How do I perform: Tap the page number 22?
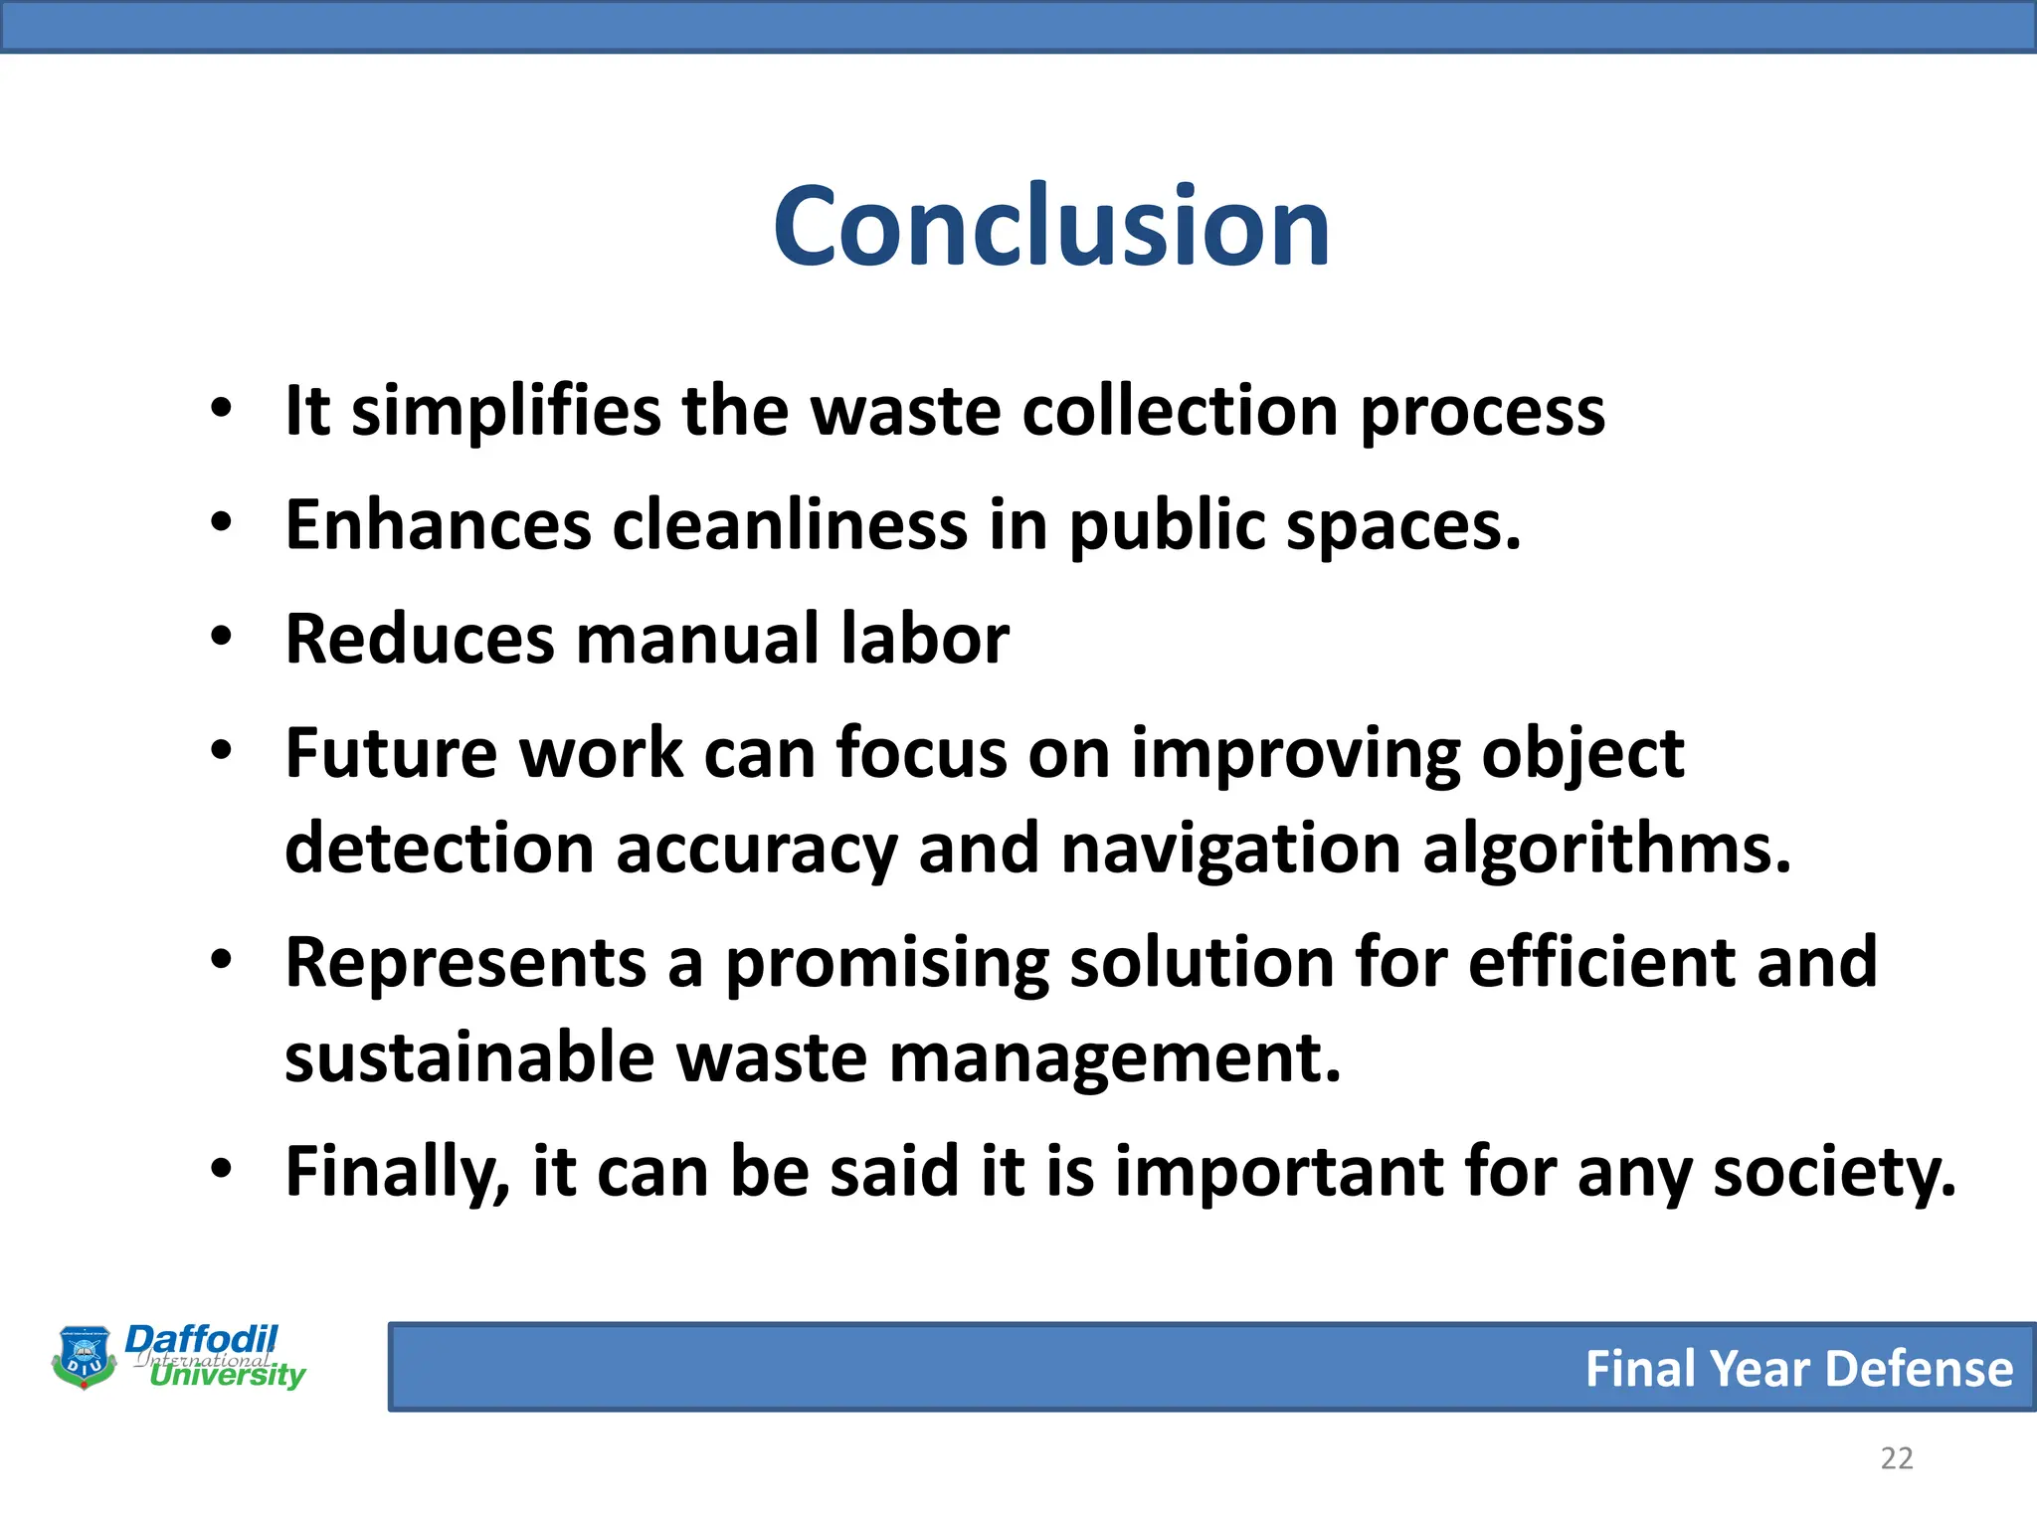(1896, 1458)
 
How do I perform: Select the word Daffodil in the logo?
(201, 1339)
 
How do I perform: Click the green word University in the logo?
(227, 1376)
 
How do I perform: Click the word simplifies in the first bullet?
(505, 410)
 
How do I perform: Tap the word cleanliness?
(789, 524)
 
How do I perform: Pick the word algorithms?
(1605, 850)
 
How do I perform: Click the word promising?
(886, 963)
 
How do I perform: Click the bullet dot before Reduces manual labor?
(221, 635)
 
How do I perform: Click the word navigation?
(1231, 850)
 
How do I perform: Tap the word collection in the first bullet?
(1180, 410)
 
